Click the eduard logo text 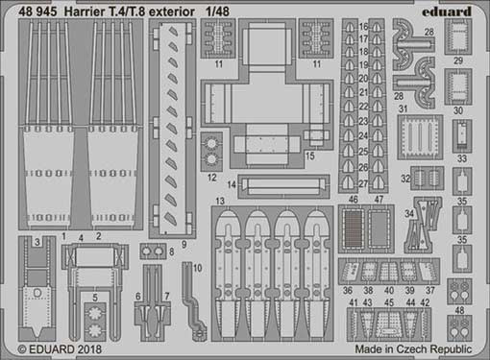[x=447, y=12]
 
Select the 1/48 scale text [x=218, y=12]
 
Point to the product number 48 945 [x=37, y=12]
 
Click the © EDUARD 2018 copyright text [x=60, y=348]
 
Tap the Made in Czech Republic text [x=413, y=348]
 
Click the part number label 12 [x=212, y=178]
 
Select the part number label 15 [x=310, y=156]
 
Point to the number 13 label [x=220, y=202]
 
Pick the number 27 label [x=363, y=184]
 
